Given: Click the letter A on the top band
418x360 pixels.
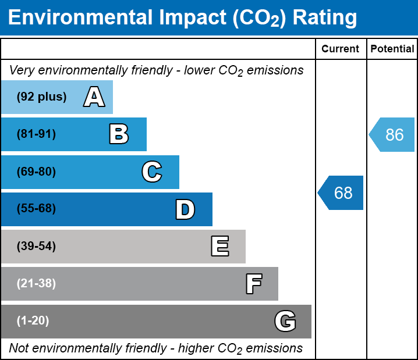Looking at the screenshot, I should tap(94, 97).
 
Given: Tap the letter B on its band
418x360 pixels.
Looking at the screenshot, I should tap(119, 134).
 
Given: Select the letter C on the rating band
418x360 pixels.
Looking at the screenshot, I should tap(152, 172).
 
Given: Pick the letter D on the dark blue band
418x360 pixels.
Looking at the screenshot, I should tap(185, 209).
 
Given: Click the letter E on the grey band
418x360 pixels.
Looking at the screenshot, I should tap(219, 247).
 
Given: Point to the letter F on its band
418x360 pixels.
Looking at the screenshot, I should tap(253, 284).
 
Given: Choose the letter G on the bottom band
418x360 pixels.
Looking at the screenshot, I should tap(285, 321).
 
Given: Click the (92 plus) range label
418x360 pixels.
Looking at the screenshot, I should tap(41, 97).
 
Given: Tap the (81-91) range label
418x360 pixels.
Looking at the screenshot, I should tap(36, 134).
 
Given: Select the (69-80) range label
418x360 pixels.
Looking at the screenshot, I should tap(36, 172).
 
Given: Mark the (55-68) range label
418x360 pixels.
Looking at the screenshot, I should tap(36, 209).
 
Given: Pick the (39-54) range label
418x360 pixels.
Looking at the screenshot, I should tap(36, 247).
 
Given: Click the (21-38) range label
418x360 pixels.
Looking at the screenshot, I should tap(36, 284).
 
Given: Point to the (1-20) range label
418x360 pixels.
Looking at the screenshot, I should tap(33, 321).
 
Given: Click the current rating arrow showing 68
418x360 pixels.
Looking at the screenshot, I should tap(341, 193).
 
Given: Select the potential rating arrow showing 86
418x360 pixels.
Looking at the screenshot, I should tap(392, 135).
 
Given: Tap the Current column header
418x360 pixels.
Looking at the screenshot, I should tap(341, 49).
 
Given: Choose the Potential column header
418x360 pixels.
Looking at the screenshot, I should tap(392, 49).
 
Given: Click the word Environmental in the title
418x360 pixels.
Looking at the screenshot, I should tap(80, 18).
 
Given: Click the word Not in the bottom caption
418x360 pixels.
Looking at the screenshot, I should tap(19, 348).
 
